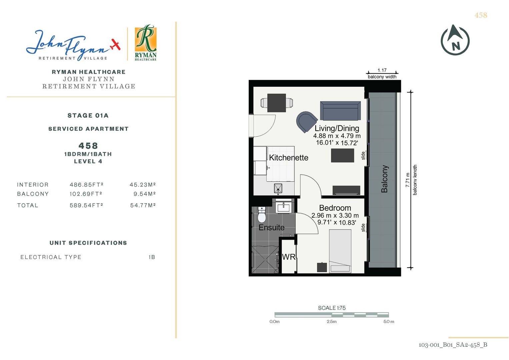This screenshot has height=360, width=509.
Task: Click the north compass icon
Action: click(x=455, y=40)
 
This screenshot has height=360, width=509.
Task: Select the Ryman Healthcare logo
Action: click(x=146, y=43)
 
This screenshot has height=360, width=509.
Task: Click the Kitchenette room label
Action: click(x=289, y=157)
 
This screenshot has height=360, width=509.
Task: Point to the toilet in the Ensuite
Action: click(x=262, y=214)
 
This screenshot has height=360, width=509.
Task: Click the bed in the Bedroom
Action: click(x=340, y=251)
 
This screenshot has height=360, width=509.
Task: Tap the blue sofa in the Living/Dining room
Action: click(x=340, y=111)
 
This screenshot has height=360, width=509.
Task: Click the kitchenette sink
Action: click(x=278, y=188)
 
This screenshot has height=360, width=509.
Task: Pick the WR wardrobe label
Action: click(x=289, y=257)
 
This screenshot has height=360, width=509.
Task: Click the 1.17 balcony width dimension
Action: click(x=382, y=70)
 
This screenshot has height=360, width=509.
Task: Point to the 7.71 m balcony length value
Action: click(x=408, y=180)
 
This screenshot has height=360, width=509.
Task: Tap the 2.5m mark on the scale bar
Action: click(x=332, y=322)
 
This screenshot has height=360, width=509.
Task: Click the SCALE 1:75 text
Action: click(x=332, y=308)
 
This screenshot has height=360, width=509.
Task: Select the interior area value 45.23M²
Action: click(x=142, y=185)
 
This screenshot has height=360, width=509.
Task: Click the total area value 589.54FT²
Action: click(x=86, y=205)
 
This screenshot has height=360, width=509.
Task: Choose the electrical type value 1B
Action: click(x=152, y=257)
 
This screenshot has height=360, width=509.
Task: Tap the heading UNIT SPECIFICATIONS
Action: click(x=88, y=243)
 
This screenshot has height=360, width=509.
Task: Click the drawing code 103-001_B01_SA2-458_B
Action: click(x=453, y=345)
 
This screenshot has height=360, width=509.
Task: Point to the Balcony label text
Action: click(x=384, y=179)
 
